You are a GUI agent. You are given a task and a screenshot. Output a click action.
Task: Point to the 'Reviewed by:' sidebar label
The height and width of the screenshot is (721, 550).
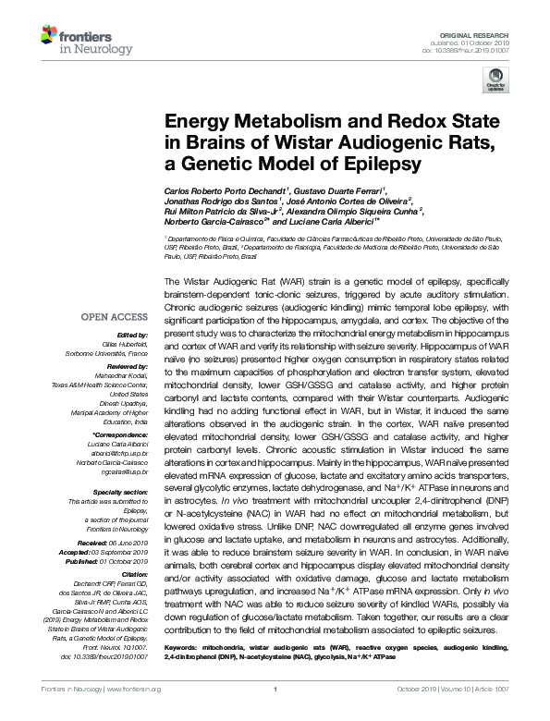[x=127, y=367]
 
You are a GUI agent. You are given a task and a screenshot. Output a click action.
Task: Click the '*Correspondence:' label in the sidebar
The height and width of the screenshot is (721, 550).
[x=121, y=434]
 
